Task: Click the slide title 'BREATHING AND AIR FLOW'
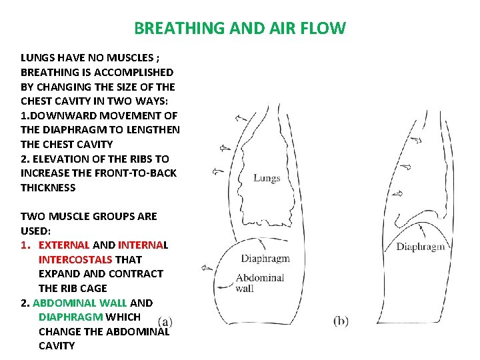click(240, 29)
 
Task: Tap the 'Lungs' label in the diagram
click(267, 178)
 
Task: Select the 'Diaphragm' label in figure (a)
click(265, 259)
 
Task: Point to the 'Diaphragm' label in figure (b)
click(420, 247)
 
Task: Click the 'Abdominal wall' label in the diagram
click(259, 283)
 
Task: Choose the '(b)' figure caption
click(340, 321)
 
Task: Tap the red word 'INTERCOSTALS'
click(75, 259)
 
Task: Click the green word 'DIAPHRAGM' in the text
click(71, 317)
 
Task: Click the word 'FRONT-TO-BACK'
click(141, 173)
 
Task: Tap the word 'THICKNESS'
click(48, 188)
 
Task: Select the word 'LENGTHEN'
click(153, 130)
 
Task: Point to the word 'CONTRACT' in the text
click(137, 274)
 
